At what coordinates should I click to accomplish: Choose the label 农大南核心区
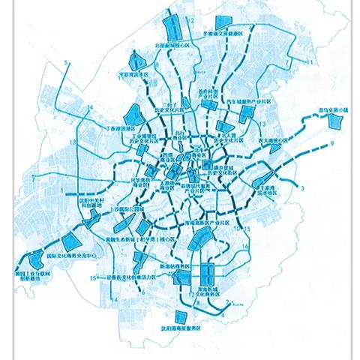[x=273, y=140]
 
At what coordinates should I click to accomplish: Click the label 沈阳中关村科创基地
[x=82, y=205]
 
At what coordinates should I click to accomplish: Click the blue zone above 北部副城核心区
[x=174, y=30]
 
